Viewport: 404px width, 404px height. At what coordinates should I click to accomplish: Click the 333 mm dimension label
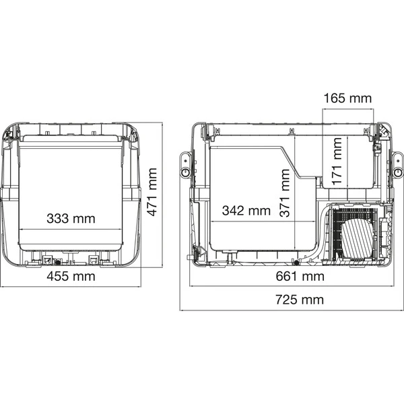pos(71,218)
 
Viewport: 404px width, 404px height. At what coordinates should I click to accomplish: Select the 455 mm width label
pos(71,276)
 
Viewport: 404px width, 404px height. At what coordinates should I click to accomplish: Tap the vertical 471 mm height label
pos(152,192)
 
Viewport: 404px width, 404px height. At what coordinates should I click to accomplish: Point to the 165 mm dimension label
pos(347,98)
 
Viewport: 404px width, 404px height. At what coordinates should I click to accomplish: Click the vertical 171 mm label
pos(337,162)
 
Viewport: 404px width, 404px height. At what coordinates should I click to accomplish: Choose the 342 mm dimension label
pos(246,211)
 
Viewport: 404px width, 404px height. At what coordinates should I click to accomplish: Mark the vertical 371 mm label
pos(285,193)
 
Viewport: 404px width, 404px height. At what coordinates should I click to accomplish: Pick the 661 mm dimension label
pos(300,277)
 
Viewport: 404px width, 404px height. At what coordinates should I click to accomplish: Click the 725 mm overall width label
pos(300,300)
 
